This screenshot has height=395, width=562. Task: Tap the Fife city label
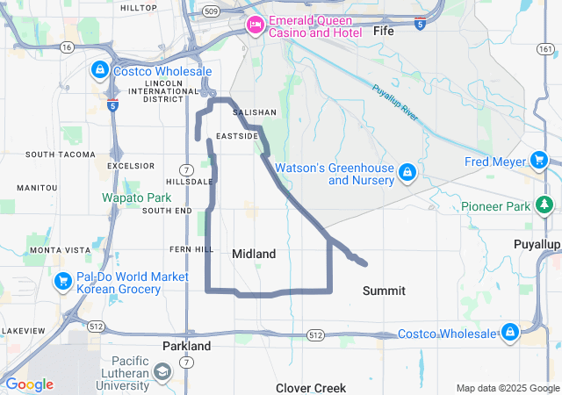[384, 31]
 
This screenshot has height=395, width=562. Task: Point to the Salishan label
[254, 112]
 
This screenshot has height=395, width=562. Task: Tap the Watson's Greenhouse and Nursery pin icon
[407, 171]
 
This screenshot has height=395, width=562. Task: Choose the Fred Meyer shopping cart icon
[540, 161]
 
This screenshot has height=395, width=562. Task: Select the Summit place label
[385, 291]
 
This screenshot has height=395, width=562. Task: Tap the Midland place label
[254, 254]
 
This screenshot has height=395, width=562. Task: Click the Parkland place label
[187, 346]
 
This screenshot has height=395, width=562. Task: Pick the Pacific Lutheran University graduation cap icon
[162, 373]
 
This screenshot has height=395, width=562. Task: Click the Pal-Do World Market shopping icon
[63, 282]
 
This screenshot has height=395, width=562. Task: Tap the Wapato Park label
[136, 197]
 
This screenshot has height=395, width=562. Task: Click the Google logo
[29, 384]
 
